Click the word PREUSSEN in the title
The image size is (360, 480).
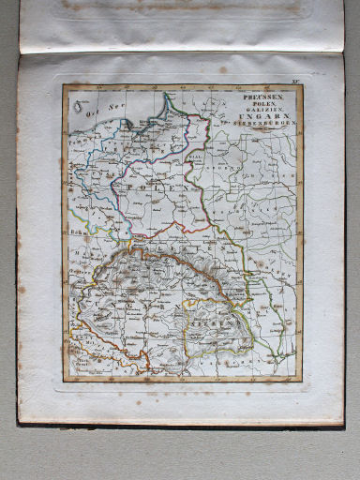point(265,95)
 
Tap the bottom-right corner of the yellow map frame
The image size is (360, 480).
point(301,382)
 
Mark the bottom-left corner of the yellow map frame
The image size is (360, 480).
point(64,382)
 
